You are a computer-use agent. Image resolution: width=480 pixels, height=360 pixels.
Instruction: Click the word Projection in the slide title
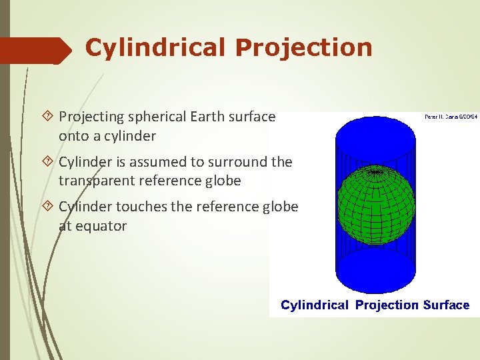(x=303, y=48)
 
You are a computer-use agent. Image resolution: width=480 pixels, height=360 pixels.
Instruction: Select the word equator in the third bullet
(x=100, y=226)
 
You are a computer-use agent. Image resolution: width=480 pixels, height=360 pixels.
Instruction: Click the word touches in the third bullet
(x=142, y=207)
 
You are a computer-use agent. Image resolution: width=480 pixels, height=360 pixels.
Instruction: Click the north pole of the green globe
(x=377, y=171)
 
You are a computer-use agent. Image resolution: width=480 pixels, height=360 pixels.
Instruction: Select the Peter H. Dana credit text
(x=450, y=117)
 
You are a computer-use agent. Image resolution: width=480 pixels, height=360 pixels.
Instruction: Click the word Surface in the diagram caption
(x=445, y=305)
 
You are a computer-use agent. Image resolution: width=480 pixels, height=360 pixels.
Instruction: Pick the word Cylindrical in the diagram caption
(x=315, y=305)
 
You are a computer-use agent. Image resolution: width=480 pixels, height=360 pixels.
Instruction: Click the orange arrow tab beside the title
(x=37, y=50)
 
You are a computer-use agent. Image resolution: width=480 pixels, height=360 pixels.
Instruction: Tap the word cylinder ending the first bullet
(x=130, y=136)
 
